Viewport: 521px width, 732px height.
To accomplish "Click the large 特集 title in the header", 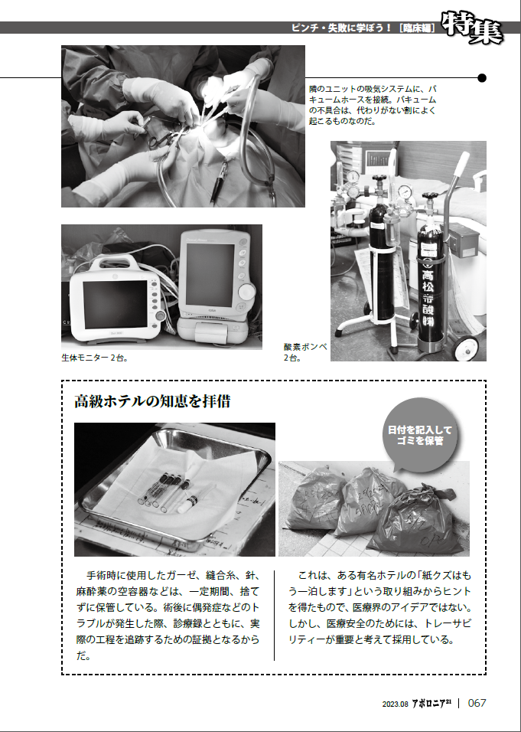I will click(471, 28).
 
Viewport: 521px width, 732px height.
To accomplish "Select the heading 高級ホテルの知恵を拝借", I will click(152, 401).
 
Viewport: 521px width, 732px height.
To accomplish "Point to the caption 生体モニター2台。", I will click(94, 357).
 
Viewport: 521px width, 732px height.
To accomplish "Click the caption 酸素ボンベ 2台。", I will click(304, 351).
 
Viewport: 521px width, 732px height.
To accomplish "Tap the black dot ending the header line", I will click(482, 77).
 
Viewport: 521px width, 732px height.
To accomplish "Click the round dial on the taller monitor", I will click(247, 292).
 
